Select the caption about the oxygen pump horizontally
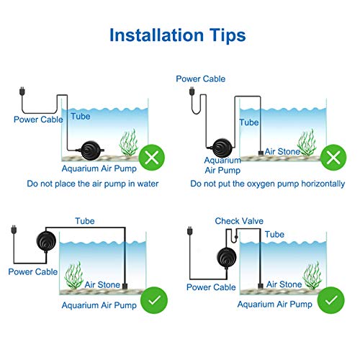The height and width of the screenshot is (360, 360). [x=267, y=184]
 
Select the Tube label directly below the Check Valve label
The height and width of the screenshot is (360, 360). [x=274, y=235]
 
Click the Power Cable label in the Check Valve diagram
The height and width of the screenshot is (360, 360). [x=211, y=287]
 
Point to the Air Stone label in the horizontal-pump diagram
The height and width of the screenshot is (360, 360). [x=281, y=151]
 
